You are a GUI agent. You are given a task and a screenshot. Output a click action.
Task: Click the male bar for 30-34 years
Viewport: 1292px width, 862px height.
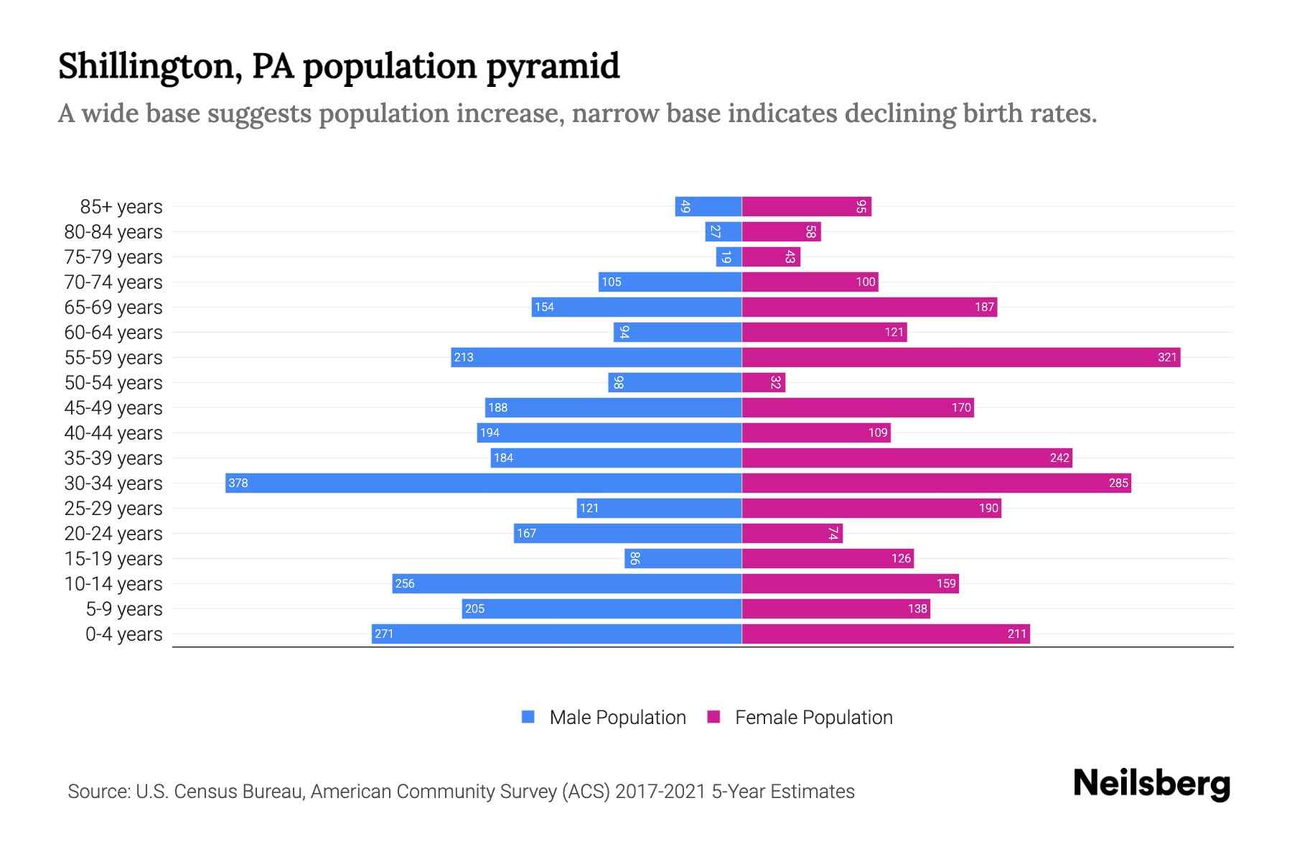click(x=483, y=483)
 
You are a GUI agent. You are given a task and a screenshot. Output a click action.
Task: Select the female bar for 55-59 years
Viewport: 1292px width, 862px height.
click(x=960, y=357)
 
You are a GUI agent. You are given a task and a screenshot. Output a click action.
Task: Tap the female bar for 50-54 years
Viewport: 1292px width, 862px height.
click(x=763, y=382)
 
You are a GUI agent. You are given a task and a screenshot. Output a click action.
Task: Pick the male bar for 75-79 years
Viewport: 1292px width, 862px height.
click(x=729, y=256)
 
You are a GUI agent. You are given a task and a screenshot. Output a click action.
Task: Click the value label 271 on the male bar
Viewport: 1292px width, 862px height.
click(x=384, y=634)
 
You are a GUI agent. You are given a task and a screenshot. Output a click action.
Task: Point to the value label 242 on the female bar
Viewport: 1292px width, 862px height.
click(x=1059, y=458)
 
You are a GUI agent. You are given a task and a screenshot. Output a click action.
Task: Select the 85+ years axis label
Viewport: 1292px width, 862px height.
click(x=121, y=207)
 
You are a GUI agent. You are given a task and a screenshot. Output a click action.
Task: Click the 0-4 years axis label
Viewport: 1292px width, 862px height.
click(x=123, y=634)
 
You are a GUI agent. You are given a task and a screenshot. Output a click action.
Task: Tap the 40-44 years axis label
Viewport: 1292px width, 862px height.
click(x=113, y=433)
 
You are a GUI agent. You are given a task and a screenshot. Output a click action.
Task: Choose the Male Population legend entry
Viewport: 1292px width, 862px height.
click(x=617, y=717)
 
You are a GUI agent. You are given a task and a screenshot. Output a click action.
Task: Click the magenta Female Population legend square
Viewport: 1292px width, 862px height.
click(x=713, y=716)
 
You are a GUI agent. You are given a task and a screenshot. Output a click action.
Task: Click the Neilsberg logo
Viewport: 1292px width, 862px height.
click(x=1151, y=784)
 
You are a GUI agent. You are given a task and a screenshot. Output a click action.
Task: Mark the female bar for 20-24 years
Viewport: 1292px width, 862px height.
click(x=792, y=533)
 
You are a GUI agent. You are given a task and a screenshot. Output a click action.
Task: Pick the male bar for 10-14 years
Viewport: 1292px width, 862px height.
click(x=566, y=583)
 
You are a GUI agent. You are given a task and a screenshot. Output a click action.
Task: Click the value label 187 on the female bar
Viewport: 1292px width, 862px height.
click(x=984, y=307)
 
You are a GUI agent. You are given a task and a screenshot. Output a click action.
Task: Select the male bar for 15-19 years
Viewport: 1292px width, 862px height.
click(x=683, y=558)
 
